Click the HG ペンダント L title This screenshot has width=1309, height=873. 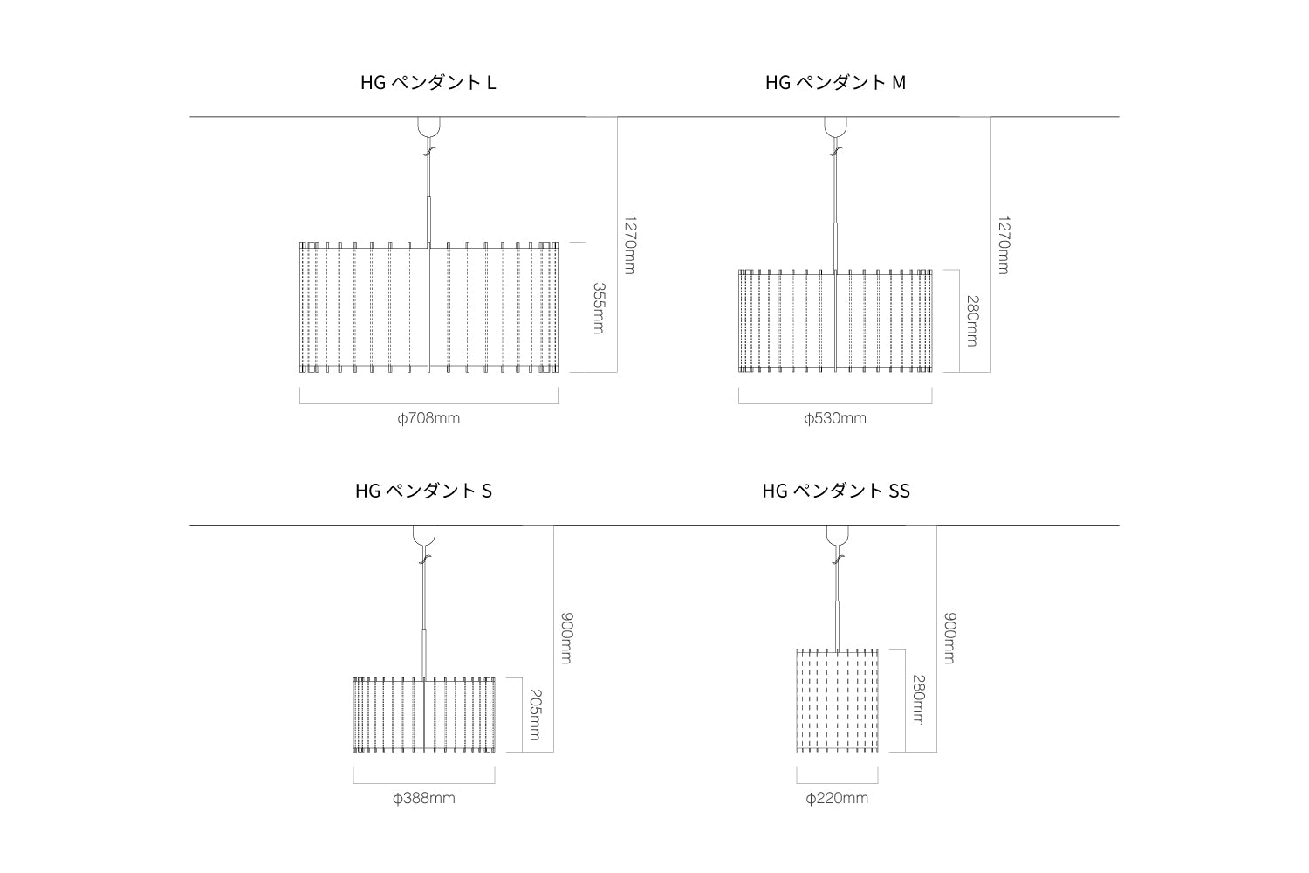point(428,83)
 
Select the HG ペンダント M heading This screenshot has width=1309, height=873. point(835,83)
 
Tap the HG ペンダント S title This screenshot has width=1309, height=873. point(423,491)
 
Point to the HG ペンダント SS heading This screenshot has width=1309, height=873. point(835,491)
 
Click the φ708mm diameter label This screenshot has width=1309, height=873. point(428,418)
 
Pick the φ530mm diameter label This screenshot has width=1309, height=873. point(835,418)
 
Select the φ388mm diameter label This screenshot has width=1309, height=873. point(424,798)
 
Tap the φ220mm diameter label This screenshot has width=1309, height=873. point(837,798)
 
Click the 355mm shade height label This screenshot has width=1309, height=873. point(599,307)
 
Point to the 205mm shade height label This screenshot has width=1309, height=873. point(534,714)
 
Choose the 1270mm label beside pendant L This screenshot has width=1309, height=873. point(629,244)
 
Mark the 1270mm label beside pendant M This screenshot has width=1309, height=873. point(1003,244)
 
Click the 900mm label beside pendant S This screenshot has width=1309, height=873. point(565,638)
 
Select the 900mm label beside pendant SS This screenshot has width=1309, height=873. point(949,638)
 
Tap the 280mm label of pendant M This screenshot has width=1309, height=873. point(971,320)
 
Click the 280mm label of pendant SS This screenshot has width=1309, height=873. point(918,700)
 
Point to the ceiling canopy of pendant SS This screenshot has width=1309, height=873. point(837,535)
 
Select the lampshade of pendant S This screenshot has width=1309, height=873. point(424,714)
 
